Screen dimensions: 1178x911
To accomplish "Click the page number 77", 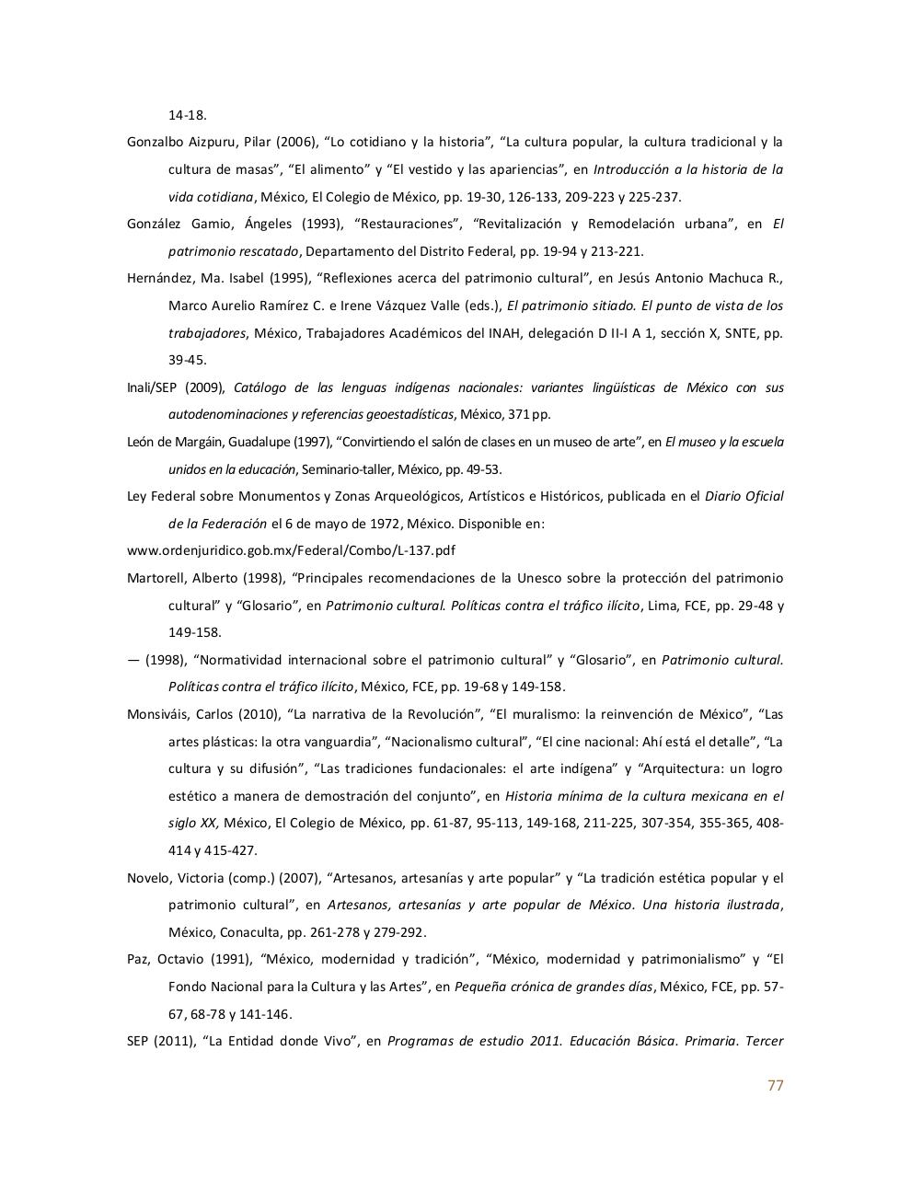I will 775,1085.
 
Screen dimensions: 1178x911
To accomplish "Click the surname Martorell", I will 154,578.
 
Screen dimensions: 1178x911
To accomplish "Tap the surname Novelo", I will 147,878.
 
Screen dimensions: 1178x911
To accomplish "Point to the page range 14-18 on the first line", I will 187,115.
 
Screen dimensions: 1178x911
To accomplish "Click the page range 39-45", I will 187,360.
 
